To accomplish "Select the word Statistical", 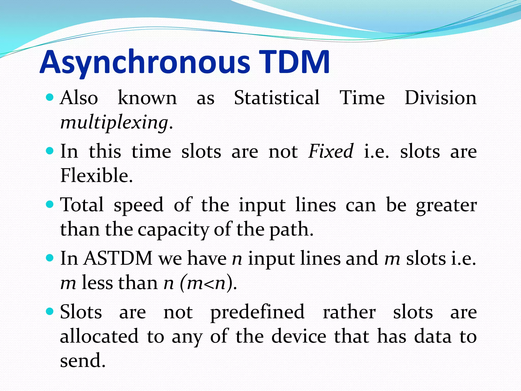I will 277,98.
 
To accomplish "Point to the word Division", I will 440,98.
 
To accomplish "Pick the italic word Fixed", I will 331,151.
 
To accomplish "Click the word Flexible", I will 96,176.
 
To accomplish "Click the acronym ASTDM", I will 118,258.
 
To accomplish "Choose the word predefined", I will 257,312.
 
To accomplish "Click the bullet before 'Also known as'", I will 50,97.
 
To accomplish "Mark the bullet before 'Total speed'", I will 50,204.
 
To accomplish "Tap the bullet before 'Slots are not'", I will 50,311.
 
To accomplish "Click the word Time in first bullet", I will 362,98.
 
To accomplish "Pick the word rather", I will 349,312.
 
